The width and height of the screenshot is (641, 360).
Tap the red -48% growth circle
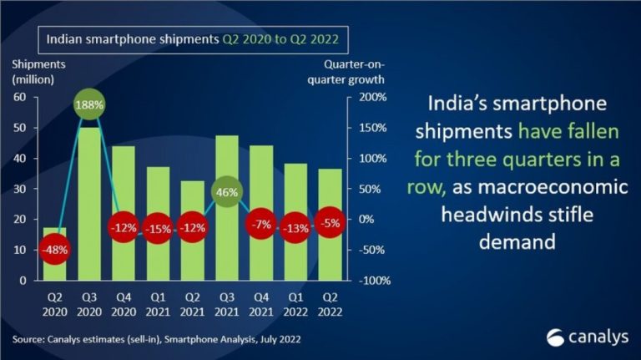tap(54, 248)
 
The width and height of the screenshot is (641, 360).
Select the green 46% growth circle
tap(227, 192)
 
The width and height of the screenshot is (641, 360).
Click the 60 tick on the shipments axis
tap(21, 97)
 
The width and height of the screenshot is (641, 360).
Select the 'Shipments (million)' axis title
tap(33, 72)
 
